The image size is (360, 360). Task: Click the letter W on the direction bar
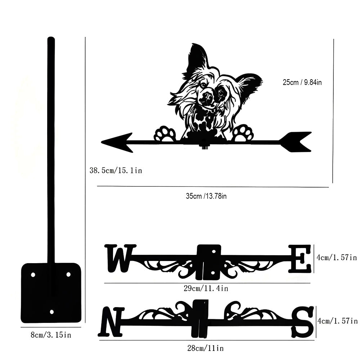click(x=120, y=257)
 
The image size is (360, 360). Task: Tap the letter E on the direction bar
click(x=300, y=258)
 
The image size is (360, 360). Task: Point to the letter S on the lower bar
click(x=303, y=321)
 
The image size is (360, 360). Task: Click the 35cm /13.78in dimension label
click(x=206, y=196)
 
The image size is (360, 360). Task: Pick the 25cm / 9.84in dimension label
click(x=302, y=82)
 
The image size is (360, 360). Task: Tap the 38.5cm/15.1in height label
click(x=116, y=170)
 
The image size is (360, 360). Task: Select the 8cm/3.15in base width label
click(x=50, y=335)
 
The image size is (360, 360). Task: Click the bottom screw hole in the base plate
click(x=51, y=311)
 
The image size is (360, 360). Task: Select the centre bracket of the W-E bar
click(x=209, y=262)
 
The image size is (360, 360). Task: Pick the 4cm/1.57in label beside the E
click(x=336, y=257)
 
